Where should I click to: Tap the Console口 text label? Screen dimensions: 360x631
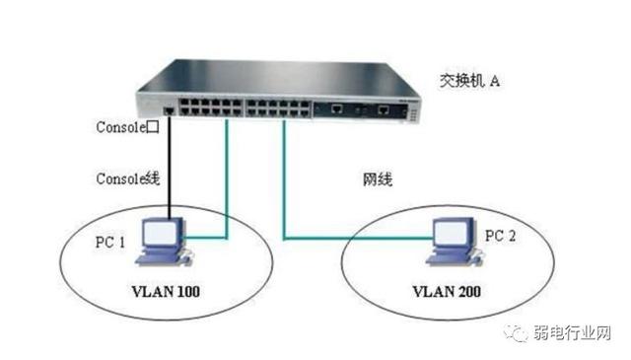pyautogui.click(x=128, y=127)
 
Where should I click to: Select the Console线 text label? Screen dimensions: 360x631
pyautogui.click(x=127, y=179)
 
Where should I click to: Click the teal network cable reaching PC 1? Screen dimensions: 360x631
pyautogui.click(x=228, y=187)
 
